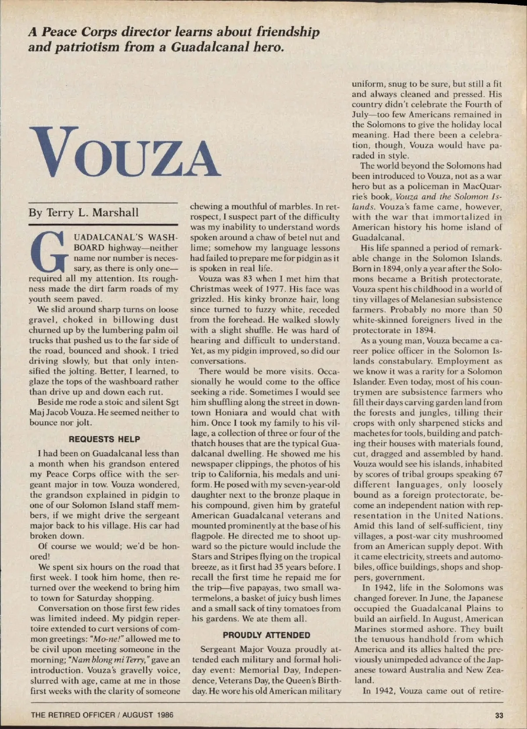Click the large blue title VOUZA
click(124, 152)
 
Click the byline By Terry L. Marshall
click(83, 213)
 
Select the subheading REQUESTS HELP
click(105, 439)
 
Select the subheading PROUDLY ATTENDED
click(266, 635)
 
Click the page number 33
click(499, 715)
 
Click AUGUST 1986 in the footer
click(148, 715)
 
